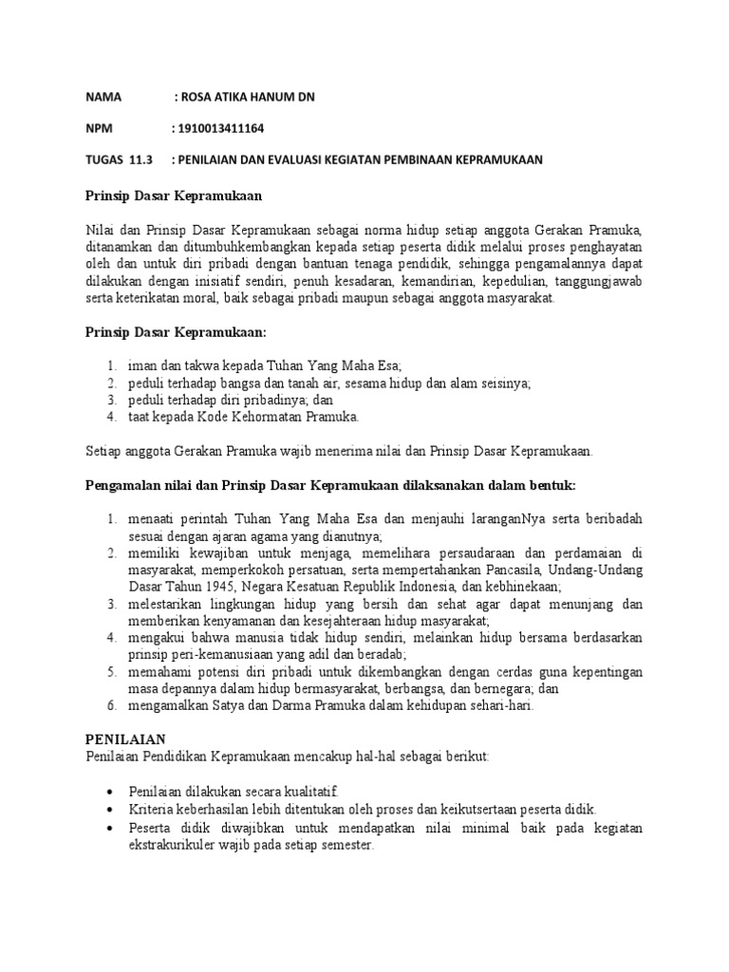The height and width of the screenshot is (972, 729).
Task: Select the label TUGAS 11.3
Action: pos(119,159)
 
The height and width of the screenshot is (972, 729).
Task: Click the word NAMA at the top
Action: pos(104,97)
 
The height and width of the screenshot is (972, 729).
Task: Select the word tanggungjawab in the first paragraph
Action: pos(598,281)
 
